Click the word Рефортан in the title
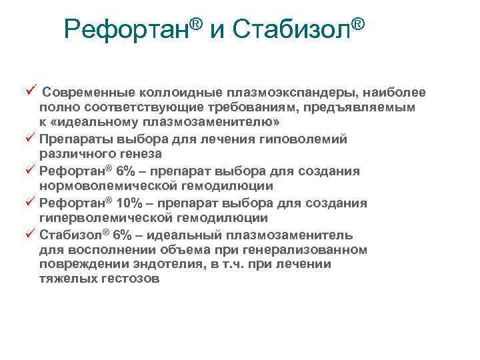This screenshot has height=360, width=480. coord(127,29)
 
